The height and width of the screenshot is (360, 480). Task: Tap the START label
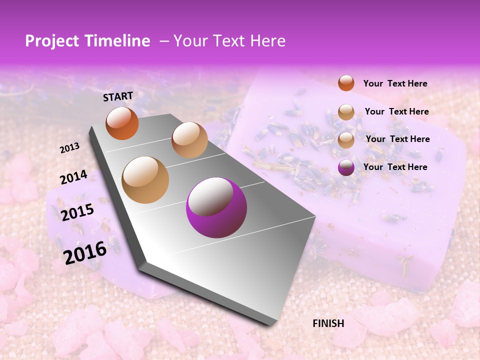[x=118, y=96]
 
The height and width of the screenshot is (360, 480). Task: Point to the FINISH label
[x=328, y=323]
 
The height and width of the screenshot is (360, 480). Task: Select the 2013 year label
[x=70, y=147]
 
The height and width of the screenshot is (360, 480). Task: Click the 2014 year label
[x=73, y=177]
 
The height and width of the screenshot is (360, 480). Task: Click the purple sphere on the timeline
[x=216, y=207]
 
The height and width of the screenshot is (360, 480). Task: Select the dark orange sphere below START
[x=122, y=123]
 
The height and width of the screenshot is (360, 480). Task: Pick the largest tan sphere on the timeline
[x=145, y=180]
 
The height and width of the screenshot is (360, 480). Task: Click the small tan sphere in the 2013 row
[x=189, y=140]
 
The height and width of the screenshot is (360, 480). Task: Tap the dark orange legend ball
[x=346, y=83]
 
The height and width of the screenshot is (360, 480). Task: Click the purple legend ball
[x=346, y=167]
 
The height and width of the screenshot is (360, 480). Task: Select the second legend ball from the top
[x=346, y=112]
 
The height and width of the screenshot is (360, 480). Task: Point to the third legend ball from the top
[x=346, y=140]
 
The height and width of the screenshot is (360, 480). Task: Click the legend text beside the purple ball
[x=395, y=167]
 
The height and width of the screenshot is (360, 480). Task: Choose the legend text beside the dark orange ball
[x=395, y=83]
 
